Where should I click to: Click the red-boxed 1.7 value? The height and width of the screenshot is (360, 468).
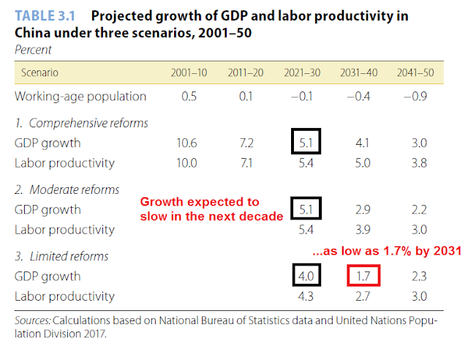coord(363,277)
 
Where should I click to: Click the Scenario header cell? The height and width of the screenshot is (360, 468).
coord(39,73)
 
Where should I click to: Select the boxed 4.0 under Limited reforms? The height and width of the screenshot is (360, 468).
coord(305,277)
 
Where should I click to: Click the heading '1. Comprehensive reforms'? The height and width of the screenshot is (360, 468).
coord(82,123)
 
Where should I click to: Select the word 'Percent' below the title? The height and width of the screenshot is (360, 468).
coord(33,49)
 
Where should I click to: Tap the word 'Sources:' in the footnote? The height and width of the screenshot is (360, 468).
coord(32,320)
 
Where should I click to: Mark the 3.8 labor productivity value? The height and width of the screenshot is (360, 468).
coord(418,162)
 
